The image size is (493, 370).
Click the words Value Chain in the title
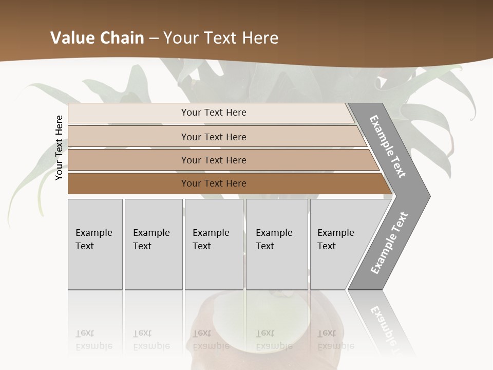click(97, 38)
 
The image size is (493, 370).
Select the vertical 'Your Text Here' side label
click(59, 147)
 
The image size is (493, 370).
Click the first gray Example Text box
click(95, 244)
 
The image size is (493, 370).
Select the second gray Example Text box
click(153, 244)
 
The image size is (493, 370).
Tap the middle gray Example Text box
click(214, 244)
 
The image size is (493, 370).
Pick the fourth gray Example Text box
click(276, 244)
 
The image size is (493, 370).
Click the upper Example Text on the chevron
click(388, 146)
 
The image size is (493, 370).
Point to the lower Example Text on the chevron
click(389, 243)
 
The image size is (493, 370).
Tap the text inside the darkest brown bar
click(214, 183)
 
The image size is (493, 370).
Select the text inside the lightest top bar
click(214, 113)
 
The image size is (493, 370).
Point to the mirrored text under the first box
click(93, 340)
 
